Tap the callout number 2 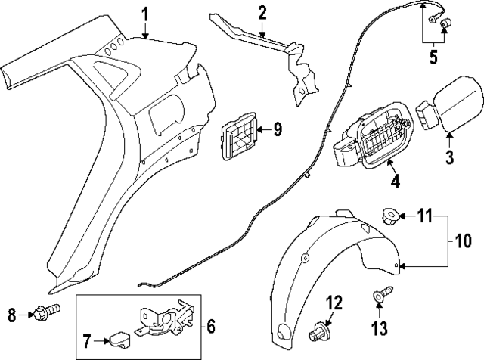(262, 14)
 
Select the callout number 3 (450, 157)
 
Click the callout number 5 (433, 57)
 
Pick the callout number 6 (211, 327)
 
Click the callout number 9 (278, 129)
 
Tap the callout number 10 (462, 241)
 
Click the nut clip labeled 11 (390, 215)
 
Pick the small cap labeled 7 (119, 340)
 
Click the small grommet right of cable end (445, 23)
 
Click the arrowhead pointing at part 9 (259, 129)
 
